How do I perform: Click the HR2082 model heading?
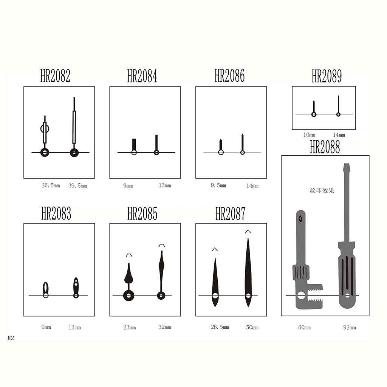(55, 76)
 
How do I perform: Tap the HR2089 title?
(327, 76)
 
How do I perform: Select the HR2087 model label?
(230, 214)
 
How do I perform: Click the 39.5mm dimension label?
(77, 186)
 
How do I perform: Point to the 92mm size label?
(350, 328)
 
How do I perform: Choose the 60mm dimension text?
(304, 328)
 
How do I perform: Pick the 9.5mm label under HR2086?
(218, 185)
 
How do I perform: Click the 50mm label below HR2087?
(252, 328)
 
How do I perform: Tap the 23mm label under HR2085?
(130, 328)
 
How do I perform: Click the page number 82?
(11, 338)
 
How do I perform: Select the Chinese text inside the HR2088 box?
(322, 190)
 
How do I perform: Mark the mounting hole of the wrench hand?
(301, 296)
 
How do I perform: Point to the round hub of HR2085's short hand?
(128, 296)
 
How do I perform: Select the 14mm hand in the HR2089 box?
(338, 106)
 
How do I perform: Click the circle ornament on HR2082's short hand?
(45, 128)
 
